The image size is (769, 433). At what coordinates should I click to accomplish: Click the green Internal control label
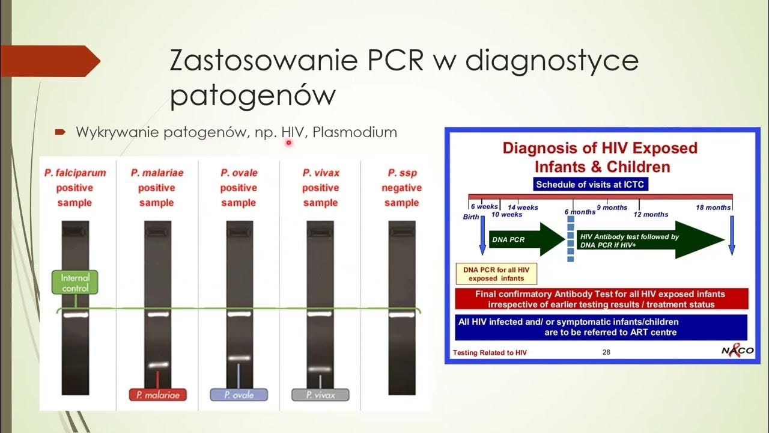[x=75, y=283]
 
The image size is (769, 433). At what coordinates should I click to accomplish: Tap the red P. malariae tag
[x=157, y=395]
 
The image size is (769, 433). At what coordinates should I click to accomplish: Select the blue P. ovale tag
[x=239, y=395]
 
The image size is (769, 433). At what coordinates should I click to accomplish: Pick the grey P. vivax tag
[x=320, y=395]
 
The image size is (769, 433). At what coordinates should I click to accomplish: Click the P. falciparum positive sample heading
[x=75, y=188]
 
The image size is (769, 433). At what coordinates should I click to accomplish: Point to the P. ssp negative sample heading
[x=401, y=188]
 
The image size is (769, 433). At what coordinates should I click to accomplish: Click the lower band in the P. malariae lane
[x=159, y=364]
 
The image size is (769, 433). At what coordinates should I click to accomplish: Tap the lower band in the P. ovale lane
[x=239, y=358]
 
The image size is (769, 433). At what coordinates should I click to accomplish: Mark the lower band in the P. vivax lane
[x=320, y=369]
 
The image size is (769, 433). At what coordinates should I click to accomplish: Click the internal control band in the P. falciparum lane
[x=75, y=315]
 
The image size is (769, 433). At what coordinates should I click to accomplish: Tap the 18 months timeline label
[x=713, y=207]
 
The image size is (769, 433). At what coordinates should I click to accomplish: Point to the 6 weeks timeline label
[x=484, y=206]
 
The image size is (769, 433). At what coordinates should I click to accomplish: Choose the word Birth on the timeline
[x=471, y=217]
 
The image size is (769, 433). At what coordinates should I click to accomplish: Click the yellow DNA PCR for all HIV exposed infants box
[x=496, y=274]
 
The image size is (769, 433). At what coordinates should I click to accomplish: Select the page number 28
[x=606, y=352]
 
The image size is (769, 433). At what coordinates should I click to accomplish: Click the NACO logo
[x=737, y=350]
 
